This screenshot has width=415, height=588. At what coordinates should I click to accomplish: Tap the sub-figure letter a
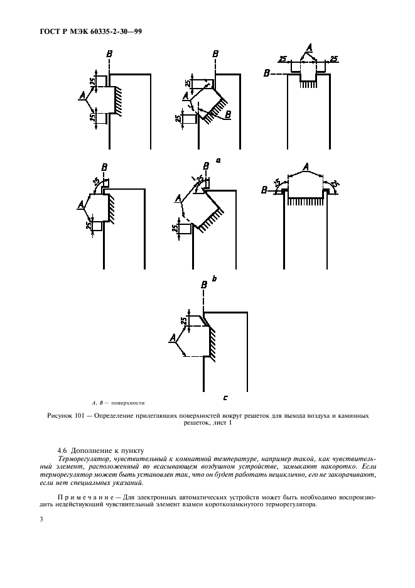(x=218, y=160)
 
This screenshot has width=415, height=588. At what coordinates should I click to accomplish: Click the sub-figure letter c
(x=225, y=397)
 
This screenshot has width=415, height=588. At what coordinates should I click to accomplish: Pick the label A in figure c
(x=172, y=339)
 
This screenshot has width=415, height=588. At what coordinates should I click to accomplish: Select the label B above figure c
(x=203, y=285)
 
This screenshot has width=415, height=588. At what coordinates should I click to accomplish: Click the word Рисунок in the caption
(x=62, y=416)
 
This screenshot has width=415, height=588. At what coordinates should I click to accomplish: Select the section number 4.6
(x=62, y=450)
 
